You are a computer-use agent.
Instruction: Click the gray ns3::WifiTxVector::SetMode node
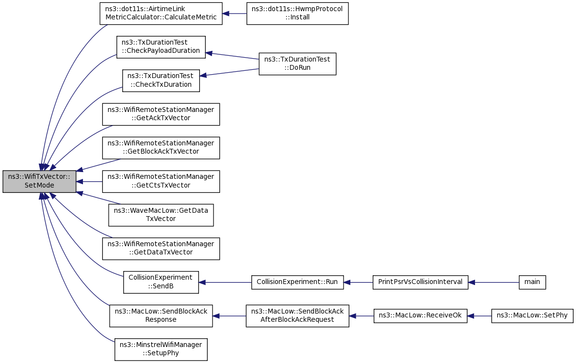(39, 181)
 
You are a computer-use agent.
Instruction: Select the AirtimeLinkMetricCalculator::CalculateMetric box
(161, 14)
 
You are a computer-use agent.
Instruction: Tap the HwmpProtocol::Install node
(297, 14)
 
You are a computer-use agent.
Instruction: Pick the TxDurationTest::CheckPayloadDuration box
(161, 47)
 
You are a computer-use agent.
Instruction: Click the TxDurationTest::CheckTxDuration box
(161, 81)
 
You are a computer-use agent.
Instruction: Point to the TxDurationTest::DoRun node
(297, 64)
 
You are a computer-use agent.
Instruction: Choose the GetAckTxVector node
(161, 114)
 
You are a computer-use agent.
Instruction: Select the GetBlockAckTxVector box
(161, 148)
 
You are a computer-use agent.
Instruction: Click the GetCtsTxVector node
(161, 181)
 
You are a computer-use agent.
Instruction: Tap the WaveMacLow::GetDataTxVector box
(161, 215)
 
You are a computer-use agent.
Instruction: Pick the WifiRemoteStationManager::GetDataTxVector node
(161, 249)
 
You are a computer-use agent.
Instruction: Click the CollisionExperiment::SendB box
(161, 282)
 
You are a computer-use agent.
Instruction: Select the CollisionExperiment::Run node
(297, 282)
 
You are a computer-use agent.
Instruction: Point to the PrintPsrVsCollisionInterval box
(420, 282)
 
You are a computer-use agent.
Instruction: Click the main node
(532, 282)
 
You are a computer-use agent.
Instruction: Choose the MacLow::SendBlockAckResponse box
(161, 316)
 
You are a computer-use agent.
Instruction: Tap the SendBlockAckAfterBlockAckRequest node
(297, 316)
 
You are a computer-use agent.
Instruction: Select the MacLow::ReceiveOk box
(420, 316)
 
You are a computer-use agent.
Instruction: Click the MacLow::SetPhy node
(532, 316)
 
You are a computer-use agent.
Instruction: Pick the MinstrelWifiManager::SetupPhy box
(161, 349)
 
